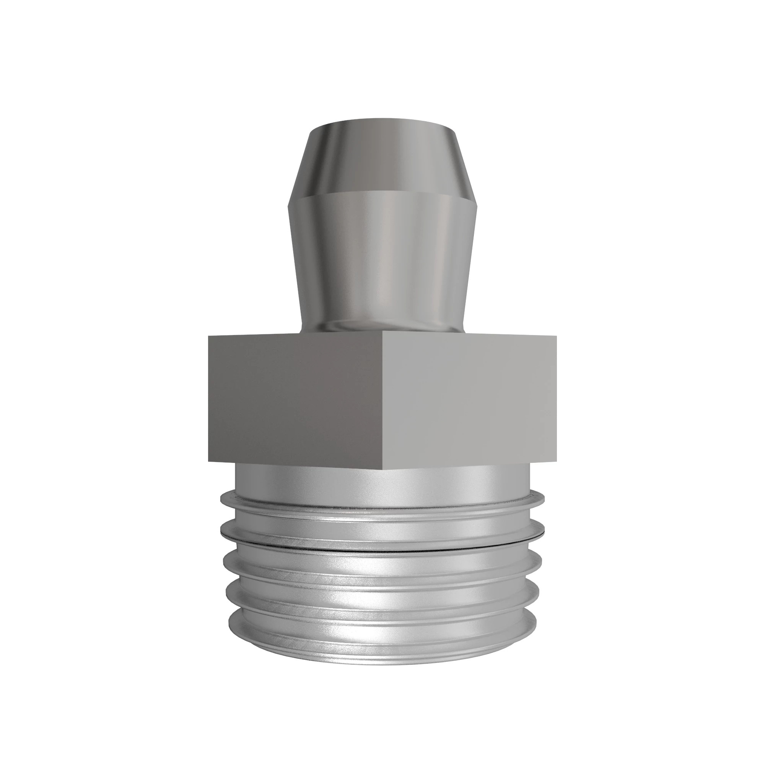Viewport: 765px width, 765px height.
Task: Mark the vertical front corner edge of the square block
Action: (x=383, y=400)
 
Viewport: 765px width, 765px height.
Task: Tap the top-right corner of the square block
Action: (x=556, y=336)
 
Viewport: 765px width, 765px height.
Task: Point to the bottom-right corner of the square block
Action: (x=556, y=462)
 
